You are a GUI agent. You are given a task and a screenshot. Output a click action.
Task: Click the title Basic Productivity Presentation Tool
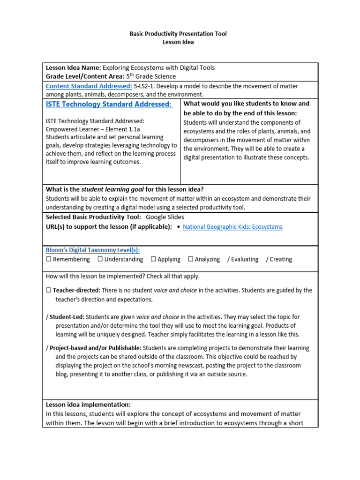[x=178, y=34]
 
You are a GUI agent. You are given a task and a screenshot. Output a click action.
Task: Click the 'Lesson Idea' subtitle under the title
[x=178, y=42]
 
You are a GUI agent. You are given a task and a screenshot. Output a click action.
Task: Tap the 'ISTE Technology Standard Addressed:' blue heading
[x=109, y=104]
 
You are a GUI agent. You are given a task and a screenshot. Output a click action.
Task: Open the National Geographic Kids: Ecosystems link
[x=232, y=227]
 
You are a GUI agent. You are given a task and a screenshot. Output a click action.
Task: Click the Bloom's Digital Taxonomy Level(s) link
[x=92, y=250]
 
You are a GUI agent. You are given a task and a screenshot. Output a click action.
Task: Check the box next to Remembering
[x=48, y=259]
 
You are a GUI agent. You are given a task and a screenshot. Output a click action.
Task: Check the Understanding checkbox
[x=100, y=259]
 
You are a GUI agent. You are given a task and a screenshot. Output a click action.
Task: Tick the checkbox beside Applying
[x=153, y=259]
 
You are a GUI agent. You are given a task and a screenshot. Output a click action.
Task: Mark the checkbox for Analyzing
[x=190, y=259]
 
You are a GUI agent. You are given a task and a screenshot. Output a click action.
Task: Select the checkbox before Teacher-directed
[x=48, y=291]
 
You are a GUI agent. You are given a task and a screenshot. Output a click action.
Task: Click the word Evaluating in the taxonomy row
[x=244, y=259]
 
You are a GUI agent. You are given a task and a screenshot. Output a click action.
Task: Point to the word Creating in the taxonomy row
[x=281, y=259]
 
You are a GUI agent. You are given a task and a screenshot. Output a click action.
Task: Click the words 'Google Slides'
[x=165, y=217]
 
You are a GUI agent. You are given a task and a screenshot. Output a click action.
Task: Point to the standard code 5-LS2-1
[x=147, y=86]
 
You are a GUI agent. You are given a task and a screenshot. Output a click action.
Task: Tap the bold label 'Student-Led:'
[x=67, y=317]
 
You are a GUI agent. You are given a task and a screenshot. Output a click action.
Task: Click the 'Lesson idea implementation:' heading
[x=88, y=405]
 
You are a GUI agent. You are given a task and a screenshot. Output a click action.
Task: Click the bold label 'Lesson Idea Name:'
[x=73, y=68]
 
